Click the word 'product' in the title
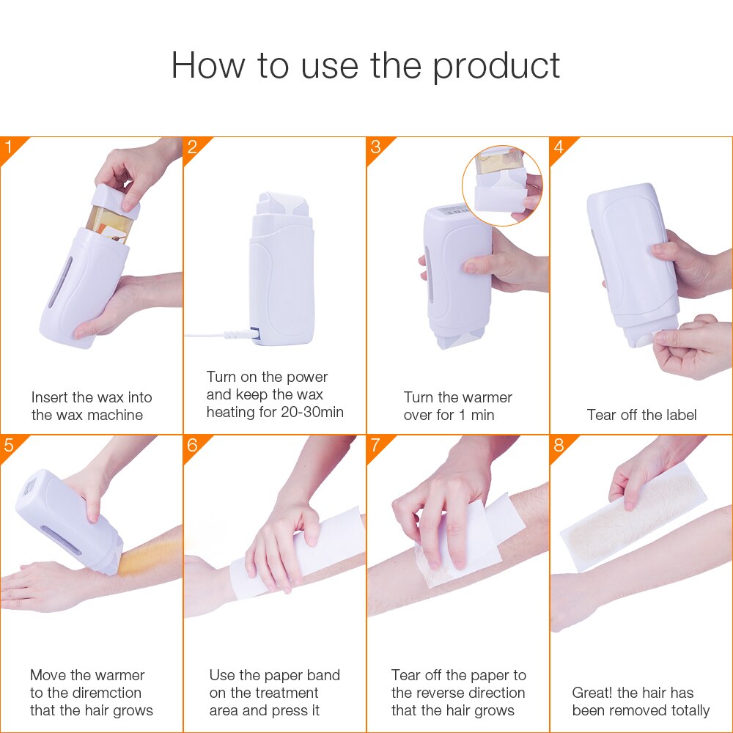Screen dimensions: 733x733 [x=496, y=65]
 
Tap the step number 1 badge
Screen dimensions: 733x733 [x=10, y=147]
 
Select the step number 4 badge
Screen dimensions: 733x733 [x=559, y=147]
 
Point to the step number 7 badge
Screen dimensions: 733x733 [x=376, y=446]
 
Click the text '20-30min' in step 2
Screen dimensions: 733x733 [x=312, y=412]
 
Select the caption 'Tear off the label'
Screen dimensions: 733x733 [x=641, y=415]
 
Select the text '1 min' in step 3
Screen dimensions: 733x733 [x=476, y=415]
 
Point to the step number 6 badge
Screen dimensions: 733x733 [x=193, y=446]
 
